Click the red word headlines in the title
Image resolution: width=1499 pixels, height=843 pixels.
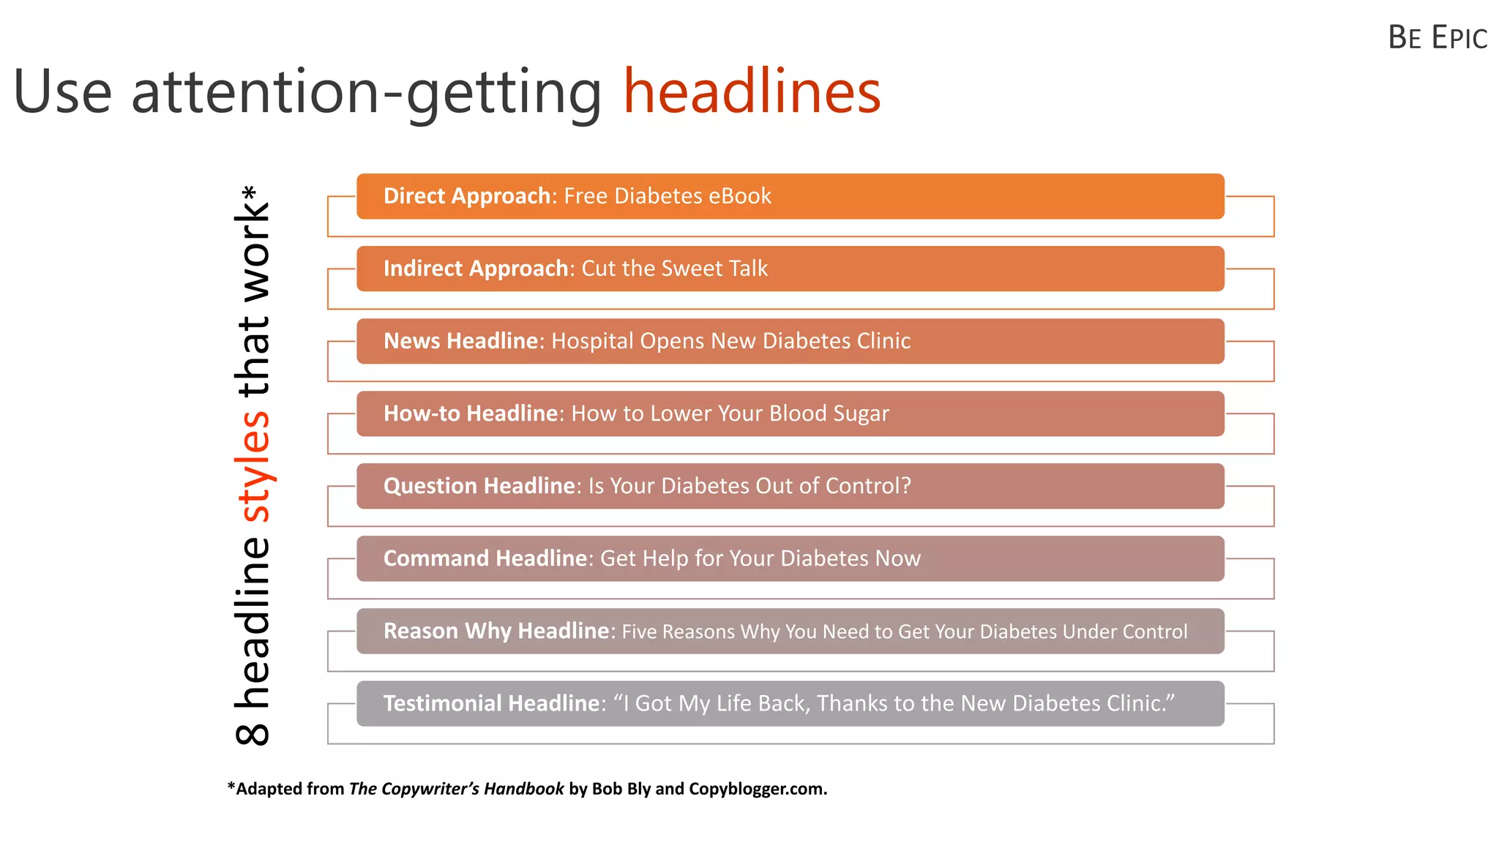pos(752,92)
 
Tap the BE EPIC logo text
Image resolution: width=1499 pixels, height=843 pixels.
pos(1437,38)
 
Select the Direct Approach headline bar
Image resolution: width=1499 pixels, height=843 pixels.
pos(790,196)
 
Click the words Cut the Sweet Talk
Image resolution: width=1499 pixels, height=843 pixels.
pos(674,269)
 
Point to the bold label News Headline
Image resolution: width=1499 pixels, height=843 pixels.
pos(461,341)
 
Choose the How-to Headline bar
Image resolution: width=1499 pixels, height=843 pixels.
pos(790,413)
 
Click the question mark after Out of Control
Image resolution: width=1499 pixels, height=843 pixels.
pos(906,486)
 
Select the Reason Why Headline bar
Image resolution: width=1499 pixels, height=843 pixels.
pos(790,631)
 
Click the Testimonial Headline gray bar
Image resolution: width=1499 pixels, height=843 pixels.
pos(790,703)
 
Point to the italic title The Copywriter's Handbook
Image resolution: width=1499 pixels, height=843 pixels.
pos(456,789)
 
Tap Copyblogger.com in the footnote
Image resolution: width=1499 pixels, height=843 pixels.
pos(758,789)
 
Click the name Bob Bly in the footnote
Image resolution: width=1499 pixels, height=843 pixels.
pos(621,789)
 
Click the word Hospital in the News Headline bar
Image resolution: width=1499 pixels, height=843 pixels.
pos(592,342)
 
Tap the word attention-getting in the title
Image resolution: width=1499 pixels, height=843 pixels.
pos(366,94)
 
